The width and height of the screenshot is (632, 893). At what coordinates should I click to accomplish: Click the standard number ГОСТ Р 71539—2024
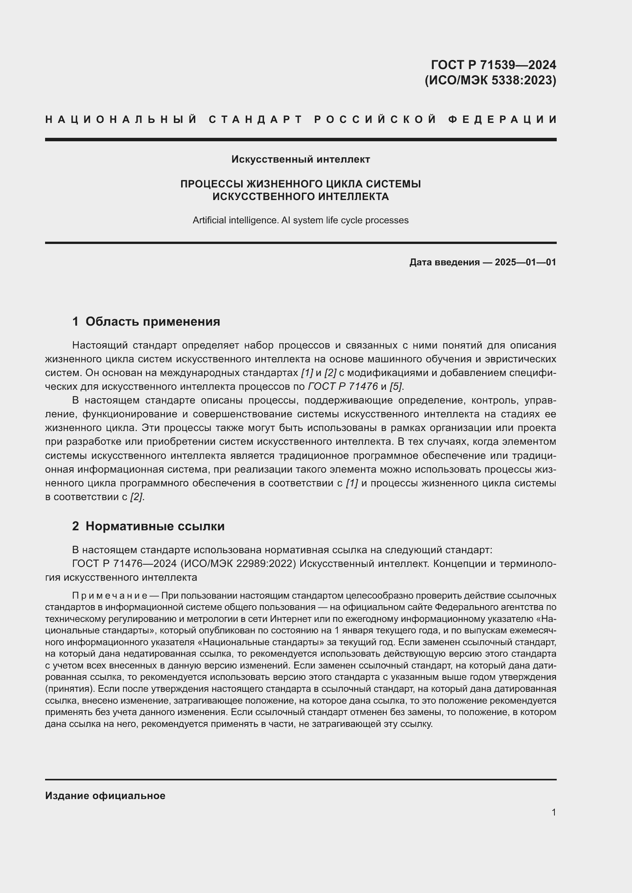point(493,64)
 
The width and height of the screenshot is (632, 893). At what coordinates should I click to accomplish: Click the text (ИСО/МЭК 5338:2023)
point(490,80)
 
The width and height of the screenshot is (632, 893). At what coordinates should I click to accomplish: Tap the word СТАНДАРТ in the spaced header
point(256,119)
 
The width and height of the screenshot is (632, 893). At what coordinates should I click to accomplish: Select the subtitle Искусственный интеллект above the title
point(300,159)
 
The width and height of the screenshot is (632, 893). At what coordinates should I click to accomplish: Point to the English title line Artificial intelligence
point(300,220)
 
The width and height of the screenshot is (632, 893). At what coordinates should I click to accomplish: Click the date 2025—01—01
point(525,262)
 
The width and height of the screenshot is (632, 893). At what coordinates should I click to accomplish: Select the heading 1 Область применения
point(146,321)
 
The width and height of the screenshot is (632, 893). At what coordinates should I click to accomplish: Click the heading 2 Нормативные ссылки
point(148,526)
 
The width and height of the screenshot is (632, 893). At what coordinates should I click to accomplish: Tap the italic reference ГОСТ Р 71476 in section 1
point(343,386)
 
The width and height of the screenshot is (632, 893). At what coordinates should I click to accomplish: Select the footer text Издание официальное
point(105,795)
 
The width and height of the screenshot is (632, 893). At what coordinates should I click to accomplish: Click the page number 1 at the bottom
point(553,812)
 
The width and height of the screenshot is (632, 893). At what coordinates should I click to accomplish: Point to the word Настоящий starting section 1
point(100,345)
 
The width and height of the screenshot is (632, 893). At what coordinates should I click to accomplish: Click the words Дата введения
point(444,262)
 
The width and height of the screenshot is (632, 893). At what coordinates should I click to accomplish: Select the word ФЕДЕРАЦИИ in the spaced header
point(502,119)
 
